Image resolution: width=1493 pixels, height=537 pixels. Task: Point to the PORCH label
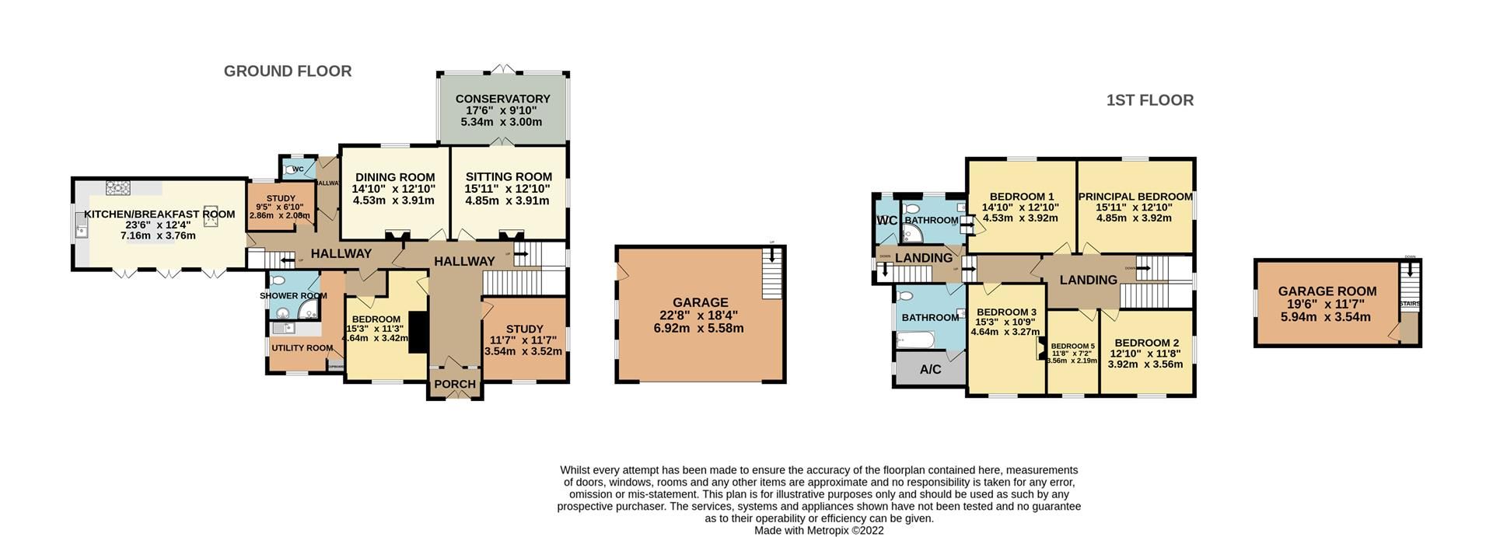click(455, 384)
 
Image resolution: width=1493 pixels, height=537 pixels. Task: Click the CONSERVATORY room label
click(502, 99)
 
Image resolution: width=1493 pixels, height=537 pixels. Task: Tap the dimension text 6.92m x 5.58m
click(699, 328)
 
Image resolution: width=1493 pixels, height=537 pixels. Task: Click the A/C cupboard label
click(930, 369)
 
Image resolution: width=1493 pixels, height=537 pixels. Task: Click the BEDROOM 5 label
click(1072, 347)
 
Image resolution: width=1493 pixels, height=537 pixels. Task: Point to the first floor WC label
click(886, 220)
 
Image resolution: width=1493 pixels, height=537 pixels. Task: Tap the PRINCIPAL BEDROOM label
click(1135, 197)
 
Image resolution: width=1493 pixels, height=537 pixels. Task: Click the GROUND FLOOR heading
click(288, 71)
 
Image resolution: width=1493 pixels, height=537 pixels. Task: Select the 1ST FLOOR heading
click(1149, 99)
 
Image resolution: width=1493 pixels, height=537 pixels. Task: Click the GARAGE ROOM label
click(1327, 291)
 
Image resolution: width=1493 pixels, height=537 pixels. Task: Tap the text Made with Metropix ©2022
click(819, 531)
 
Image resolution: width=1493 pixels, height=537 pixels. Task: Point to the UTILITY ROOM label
click(302, 347)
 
